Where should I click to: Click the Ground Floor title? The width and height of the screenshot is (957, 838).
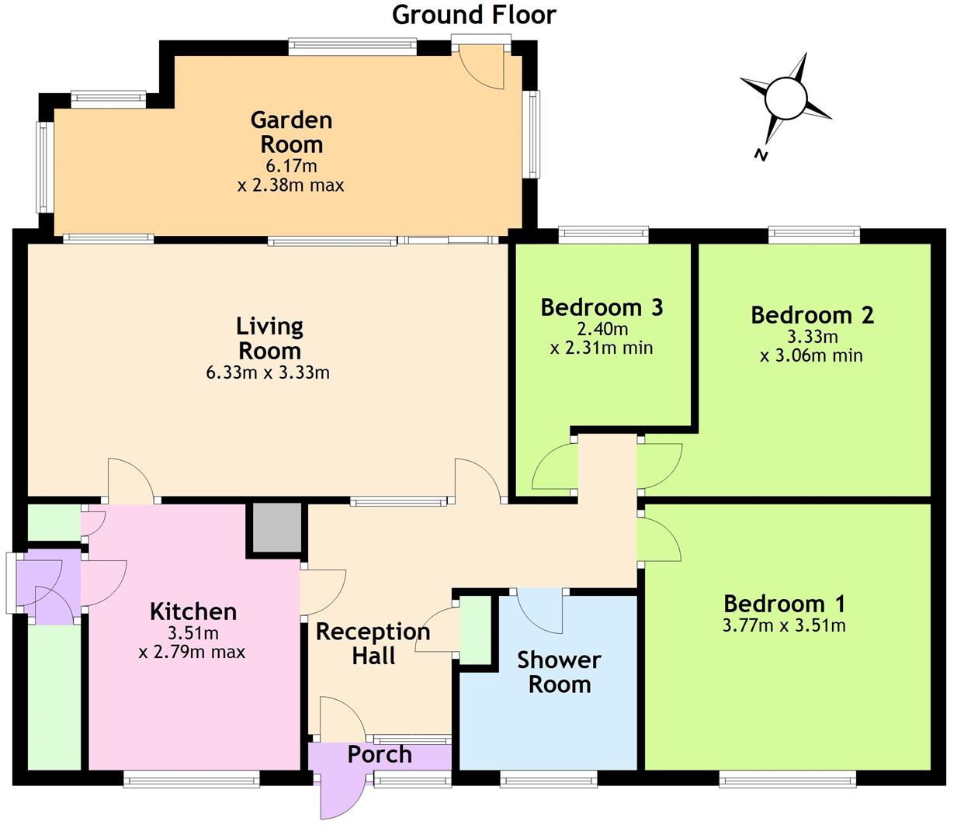pos(473,15)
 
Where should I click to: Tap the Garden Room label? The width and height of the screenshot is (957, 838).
pos(291,133)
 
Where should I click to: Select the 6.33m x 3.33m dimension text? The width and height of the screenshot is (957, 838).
pos(268,372)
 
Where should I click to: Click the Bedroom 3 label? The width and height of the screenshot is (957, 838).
pos(602,307)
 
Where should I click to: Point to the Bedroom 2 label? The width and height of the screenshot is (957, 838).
pos(812,315)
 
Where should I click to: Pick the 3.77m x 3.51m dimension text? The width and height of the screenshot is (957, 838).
pos(784,625)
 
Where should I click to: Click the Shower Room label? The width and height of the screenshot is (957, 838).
pos(560,673)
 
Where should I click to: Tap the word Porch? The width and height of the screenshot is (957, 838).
pos(380,754)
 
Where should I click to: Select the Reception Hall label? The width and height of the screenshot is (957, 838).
pos(373,643)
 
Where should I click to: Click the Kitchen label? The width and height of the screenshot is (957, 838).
pos(193,612)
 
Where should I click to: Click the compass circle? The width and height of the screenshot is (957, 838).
pos(785,99)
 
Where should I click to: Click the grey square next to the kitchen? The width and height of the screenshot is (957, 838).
pos(277,528)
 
